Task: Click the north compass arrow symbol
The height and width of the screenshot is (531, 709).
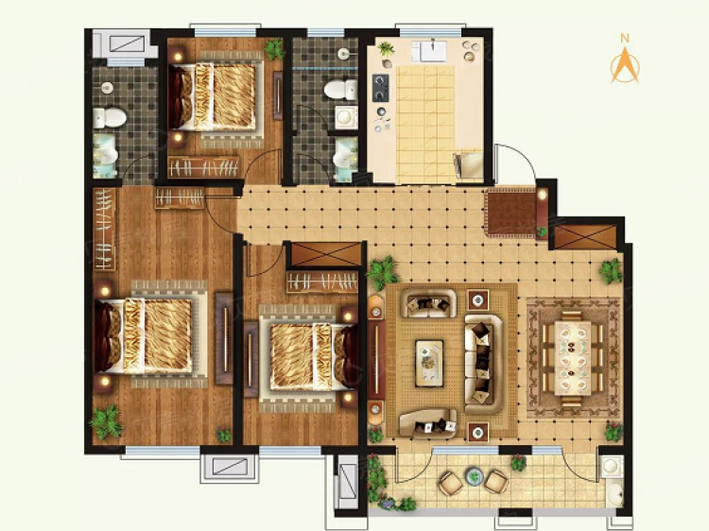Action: (624, 65)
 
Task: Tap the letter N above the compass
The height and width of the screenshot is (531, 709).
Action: (624, 39)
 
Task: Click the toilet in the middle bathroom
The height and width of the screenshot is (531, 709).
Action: (336, 91)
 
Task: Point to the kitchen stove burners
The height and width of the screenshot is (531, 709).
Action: (381, 87)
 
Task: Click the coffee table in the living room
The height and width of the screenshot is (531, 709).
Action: (430, 360)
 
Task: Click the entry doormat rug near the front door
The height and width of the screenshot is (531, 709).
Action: (510, 212)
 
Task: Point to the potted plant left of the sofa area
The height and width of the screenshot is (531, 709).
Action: (383, 273)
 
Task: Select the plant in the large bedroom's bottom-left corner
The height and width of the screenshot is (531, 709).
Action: (106, 421)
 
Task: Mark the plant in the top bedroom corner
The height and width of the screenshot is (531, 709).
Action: (274, 49)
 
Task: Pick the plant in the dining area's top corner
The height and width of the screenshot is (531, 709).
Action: (610, 271)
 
